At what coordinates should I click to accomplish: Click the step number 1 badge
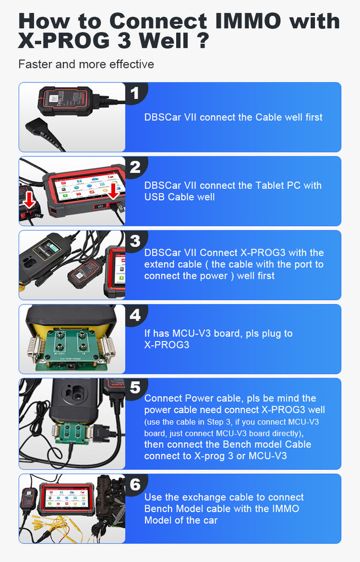[135, 93]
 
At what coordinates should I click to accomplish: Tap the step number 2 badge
[135, 167]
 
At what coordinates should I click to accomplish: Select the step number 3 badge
[135, 241]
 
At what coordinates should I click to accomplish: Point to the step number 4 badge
[135, 316]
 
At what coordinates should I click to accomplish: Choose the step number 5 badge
[135, 388]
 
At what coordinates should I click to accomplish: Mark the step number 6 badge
[135, 485]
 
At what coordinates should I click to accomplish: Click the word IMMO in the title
[248, 21]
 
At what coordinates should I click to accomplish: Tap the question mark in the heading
[203, 40]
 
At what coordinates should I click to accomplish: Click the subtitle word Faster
[35, 64]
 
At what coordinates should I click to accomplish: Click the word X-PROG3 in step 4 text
[167, 345]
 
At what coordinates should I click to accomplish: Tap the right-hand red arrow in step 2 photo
[113, 190]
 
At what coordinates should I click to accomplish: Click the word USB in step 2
[155, 197]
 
